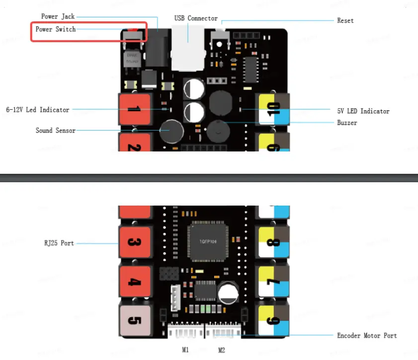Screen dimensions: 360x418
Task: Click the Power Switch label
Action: pyautogui.click(x=56, y=29)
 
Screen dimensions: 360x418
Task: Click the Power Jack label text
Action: pyautogui.click(x=58, y=16)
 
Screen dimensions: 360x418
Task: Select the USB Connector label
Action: pyautogui.click(x=196, y=18)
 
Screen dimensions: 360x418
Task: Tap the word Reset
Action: pyautogui.click(x=345, y=20)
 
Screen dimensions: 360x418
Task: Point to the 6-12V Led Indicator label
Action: pyautogui.click(x=38, y=109)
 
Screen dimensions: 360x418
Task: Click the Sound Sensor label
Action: pyautogui.click(x=56, y=131)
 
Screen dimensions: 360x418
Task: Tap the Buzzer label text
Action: pyautogui.click(x=347, y=122)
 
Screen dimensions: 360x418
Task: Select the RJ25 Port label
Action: pyautogui.click(x=59, y=243)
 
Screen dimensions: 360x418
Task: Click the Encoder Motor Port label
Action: pyautogui.click(x=367, y=336)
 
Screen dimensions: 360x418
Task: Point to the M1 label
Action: pyautogui.click(x=185, y=350)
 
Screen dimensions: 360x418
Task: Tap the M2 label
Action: pyautogui.click(x=222, y=350)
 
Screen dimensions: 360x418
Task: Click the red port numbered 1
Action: pyautogui.click(x=134, y=109)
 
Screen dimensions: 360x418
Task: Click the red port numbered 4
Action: pyautogui.click(x=134, y=282)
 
